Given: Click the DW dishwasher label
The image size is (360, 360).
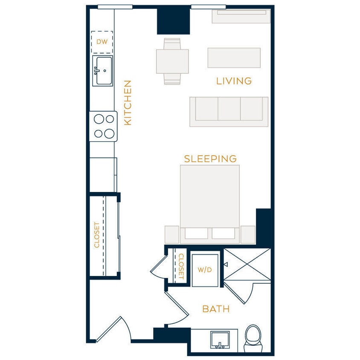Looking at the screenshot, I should pyautogui.click(x=102, y=42).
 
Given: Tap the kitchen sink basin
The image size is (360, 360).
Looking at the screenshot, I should pyautogui.click(x=102, y=71).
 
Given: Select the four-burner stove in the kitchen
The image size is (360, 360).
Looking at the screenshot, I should pyautogui.click(x=103, y=126).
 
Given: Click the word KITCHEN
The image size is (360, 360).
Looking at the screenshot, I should pyautogui.click(x=128, y=103).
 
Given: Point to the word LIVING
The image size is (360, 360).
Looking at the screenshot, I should pyautogui.click(x=234, y=81).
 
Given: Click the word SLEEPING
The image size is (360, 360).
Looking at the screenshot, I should pyautogui.click(x=210, y=159).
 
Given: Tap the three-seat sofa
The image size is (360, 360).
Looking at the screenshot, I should pyautogui.click(x=229, y=111).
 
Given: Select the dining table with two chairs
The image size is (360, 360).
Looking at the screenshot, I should pyautogui.click(x=172, y=61).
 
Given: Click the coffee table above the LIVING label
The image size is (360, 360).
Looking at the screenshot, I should pyautogui.click(x=234, y=58).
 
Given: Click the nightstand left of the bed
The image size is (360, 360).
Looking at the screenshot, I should pyautogui.click(x=171, y=234).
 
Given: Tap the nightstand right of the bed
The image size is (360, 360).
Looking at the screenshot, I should pyautogui.click(x=248, y=234).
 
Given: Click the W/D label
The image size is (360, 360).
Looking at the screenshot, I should pyautogui.click(x=205, y=270).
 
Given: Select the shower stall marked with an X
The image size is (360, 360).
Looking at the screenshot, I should pyautogui.click(x=247, y=264).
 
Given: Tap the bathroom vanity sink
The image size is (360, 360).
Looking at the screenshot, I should pyautogui.click(x=220, y=340).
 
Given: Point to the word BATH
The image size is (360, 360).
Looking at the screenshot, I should pyautogui.click(x=216, y=309).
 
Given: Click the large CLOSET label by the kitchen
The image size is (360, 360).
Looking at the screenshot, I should pyautogui.click(x=97, y=235).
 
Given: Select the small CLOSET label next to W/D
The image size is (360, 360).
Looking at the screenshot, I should pyautogui.click(x=180, y=266).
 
